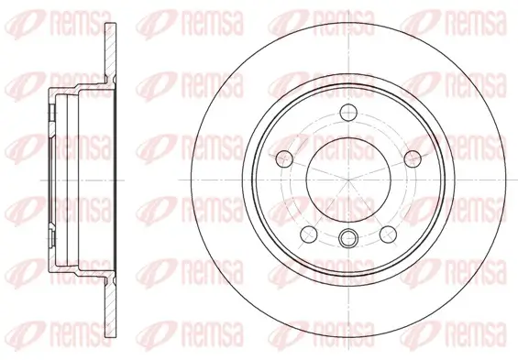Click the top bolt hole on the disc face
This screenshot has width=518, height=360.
[348, 113]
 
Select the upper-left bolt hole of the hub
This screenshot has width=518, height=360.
[284, 156]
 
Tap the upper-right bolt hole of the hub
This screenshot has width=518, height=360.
[413, 156]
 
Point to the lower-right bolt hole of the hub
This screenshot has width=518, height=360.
[388, 234]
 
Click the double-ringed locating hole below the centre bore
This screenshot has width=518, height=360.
[348, 239]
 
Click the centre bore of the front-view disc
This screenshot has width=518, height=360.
[348, 179]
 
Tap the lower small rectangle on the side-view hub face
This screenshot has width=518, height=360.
[50, 249]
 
